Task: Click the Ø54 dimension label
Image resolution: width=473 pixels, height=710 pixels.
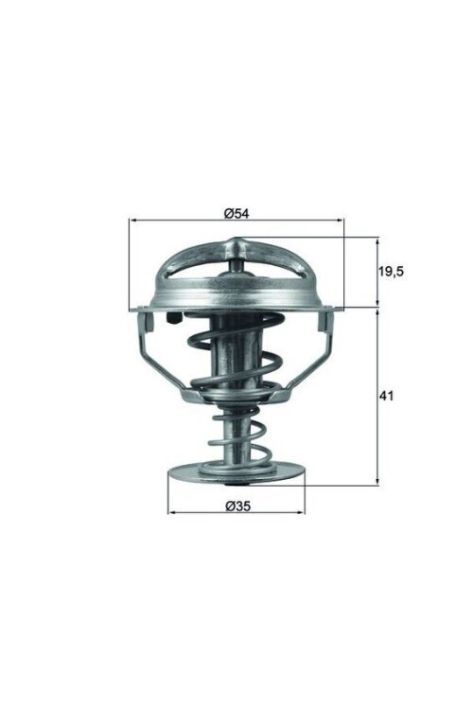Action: click(x=236, y=214)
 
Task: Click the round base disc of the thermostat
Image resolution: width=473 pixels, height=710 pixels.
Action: click(x=236, y=472)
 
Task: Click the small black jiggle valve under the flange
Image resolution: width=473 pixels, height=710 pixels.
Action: click(x=173, y=319)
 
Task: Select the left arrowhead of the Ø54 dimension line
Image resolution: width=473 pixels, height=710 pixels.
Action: click(x=131, y=221)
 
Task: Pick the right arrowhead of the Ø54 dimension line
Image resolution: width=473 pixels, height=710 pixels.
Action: click(x=342, y=221)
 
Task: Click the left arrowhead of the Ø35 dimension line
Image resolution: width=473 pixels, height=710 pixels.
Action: click(x=172, y=514)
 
